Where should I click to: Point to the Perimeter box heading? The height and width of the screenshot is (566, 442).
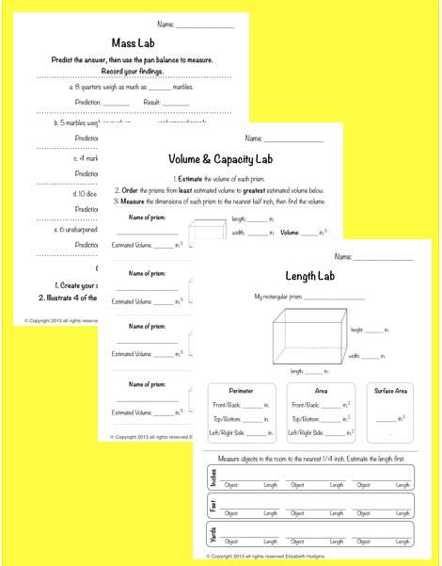pos(240,390)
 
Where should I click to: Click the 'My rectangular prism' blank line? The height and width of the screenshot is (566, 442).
pos(337,298)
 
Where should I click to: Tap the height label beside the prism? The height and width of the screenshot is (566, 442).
pos(358,332)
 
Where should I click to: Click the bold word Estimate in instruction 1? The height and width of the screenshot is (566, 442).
pos(195,178)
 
